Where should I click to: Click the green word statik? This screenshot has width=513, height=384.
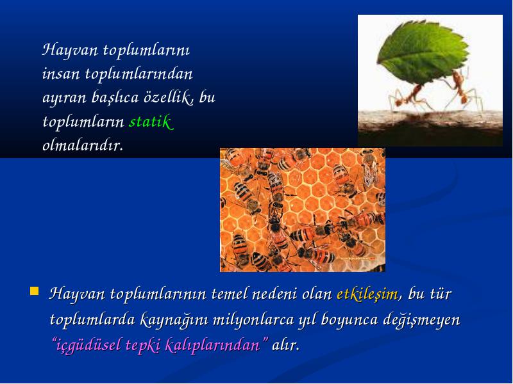click(151, 122)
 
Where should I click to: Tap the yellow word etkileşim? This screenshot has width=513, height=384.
click(367, 293)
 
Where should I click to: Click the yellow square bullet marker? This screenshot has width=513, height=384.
click(34, 291)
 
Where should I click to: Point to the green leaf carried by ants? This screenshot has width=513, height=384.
click(423, 51)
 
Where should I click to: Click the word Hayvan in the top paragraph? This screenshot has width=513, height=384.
click(70, 50)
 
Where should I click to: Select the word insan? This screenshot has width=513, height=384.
click(61, 74)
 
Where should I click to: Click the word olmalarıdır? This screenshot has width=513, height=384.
click(83, 146)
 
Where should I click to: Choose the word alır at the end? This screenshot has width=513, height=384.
click(285, 345)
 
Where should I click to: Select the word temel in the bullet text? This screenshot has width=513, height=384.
click(230, 294)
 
